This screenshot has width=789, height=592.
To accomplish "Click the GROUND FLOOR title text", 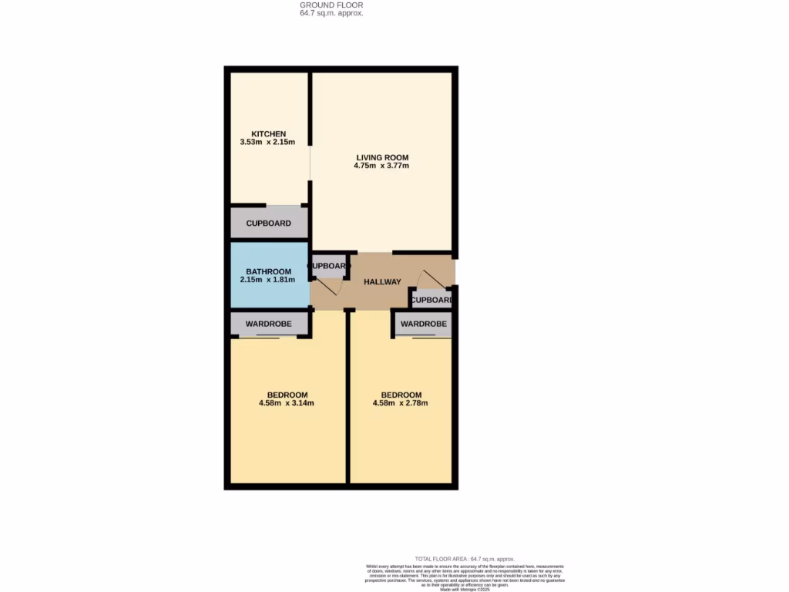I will (x=331, y=5).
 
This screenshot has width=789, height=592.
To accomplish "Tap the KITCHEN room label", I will (x=267, y=134).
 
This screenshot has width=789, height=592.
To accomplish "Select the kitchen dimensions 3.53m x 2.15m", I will (x=267, y=143).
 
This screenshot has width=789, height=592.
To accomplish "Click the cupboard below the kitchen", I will (x=269, y=224).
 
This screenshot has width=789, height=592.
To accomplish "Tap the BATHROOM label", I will (x=269, y=271).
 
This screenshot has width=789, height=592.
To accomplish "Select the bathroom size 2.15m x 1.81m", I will (x=269, y=280).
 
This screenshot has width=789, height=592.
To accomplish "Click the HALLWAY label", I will (x=383, y=282).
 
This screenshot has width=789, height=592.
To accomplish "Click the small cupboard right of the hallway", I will (x=431, y=300).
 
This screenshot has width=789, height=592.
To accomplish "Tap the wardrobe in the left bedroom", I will (x=269, y=325).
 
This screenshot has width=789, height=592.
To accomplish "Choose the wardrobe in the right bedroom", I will (x=424, y=325).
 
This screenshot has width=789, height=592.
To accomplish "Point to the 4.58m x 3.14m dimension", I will (x=287, y=403).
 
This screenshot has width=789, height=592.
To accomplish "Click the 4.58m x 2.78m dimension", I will (x=401, y=403).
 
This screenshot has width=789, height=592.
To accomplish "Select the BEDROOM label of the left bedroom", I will (x=287, y=395).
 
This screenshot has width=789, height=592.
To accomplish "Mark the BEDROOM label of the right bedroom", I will (x=401, y=395).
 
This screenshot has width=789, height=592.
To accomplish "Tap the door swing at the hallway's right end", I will (x=426, y=277).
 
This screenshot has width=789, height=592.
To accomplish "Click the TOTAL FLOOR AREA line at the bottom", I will (x=465, y=559).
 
